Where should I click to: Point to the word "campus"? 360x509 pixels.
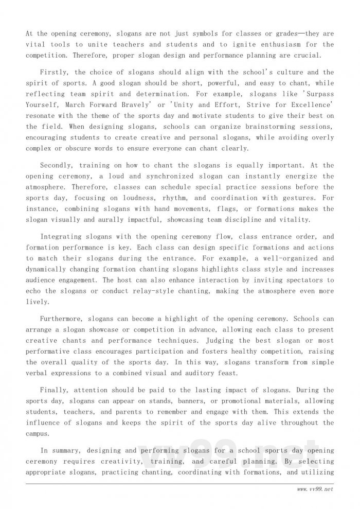point(37,434)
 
